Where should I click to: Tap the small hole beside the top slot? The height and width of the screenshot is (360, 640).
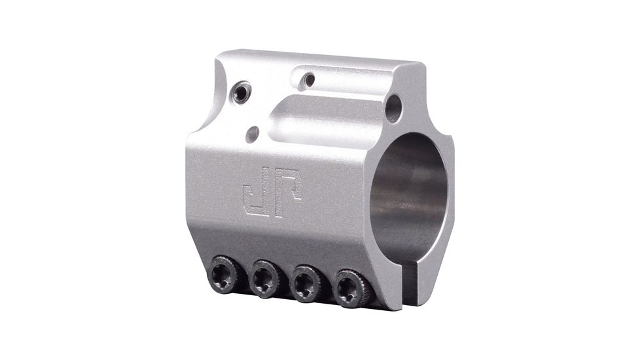(308, 81)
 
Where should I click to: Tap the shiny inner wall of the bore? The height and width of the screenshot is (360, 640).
(393, 209)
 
